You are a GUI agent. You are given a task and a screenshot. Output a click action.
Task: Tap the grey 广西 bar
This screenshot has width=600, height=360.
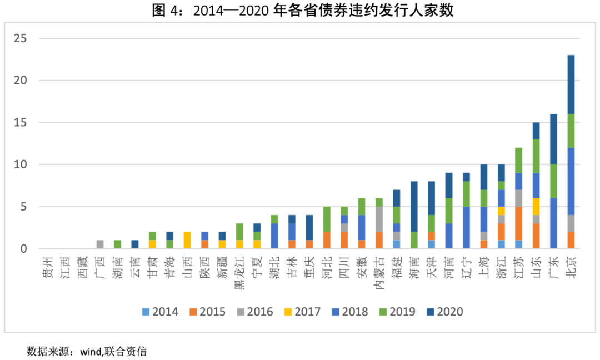point(100,244)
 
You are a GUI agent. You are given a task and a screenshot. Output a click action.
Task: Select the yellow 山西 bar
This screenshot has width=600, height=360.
point(187,241)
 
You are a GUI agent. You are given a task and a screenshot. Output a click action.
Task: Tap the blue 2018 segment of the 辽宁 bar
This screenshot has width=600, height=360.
point(466,228)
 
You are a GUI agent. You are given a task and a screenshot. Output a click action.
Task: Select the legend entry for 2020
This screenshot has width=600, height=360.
point(444,312)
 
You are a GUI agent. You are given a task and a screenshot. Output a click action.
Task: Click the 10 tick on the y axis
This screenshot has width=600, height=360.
point(21,165)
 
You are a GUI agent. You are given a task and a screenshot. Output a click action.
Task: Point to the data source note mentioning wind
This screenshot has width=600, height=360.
point(87,351)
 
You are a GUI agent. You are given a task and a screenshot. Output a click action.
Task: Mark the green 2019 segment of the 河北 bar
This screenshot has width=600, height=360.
point(327,219)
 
